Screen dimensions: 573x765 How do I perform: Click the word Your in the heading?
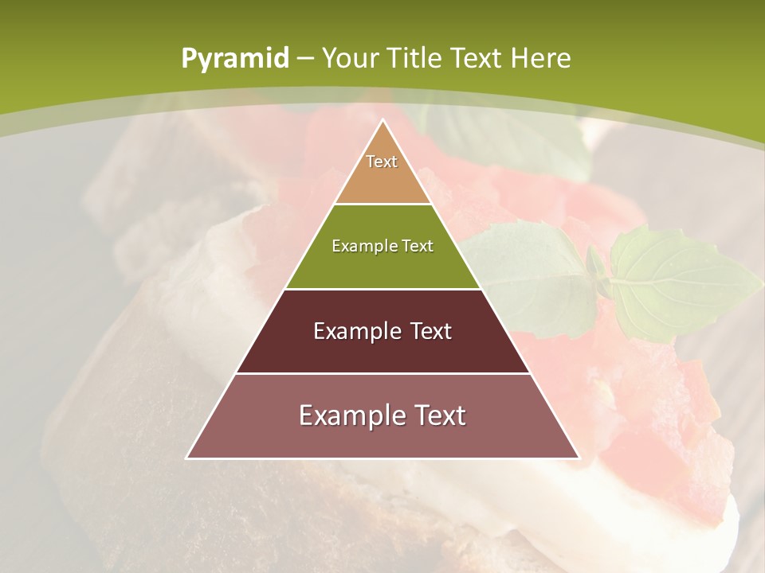pyautogui.click(x=351, y=58)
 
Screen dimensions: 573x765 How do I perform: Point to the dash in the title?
pyautogui.click(x=305, y=59)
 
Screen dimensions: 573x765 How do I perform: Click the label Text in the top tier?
pyautogui.click(x=382, y=162)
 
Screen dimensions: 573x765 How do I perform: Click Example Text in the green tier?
pyautogui.click(x=382, y=246)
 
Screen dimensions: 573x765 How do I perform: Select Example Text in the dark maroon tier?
pyautogui.click(x=382, y=331)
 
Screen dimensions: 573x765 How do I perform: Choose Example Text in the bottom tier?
pyautogui.click(x=382, y=415)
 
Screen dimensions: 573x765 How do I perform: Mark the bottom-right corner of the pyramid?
pyautogui.click(x=579, y=458)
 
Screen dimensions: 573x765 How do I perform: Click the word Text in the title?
pyautogui.click(x=478, y=58)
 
